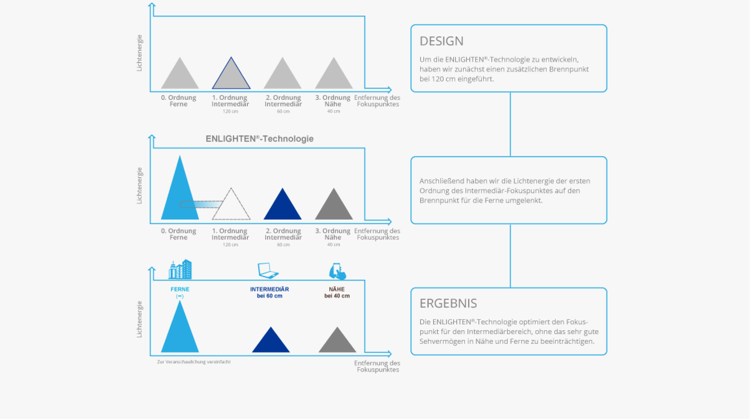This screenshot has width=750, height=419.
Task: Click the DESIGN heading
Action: click(x=441, y=41)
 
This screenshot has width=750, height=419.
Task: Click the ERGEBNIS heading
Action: click(x=448, y=304)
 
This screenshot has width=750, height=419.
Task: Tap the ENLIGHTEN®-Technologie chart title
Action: click(x=259, y=139)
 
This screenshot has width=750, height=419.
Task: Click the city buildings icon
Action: click(x=180, y=269)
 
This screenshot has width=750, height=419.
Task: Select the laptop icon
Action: click(x=268, y=270)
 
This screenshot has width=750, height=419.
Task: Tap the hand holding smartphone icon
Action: click(x=337, y=271)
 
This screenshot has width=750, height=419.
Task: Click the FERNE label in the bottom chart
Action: click(x=180, y=289)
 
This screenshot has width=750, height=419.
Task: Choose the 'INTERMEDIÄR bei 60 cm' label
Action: click(x=269, y=293)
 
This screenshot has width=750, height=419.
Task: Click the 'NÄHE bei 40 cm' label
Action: click(x=337, y=293)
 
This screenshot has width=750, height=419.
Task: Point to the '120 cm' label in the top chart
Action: click(x=230, y=111)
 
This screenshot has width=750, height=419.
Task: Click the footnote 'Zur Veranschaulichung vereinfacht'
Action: click(x=194, y=362)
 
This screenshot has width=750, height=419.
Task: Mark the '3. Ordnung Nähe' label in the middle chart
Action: click(x=332, y=234)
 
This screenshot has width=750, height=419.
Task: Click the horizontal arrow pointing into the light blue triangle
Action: click(x=201, y=204)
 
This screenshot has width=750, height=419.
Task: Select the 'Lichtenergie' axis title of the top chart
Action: click(x=139, y=53)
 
